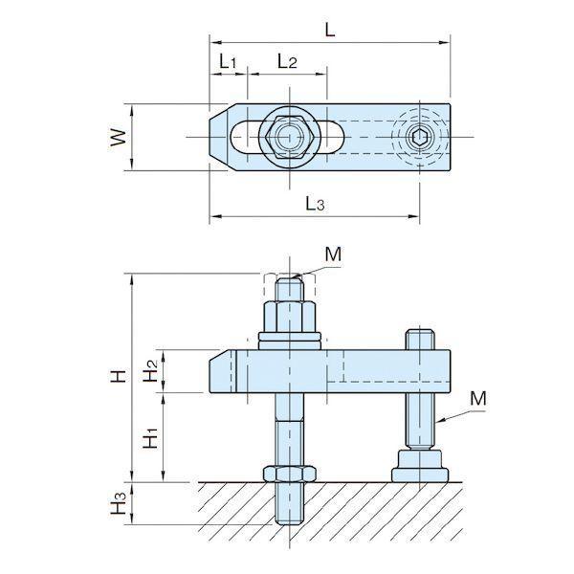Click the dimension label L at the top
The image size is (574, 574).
(330, 30)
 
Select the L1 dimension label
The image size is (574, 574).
(228, 61)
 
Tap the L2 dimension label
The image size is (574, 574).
(287, 61)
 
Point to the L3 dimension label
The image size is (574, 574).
(315, 203)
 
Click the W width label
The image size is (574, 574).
(119, 137)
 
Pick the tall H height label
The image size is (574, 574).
(119, 376)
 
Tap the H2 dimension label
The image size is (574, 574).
(150, 370)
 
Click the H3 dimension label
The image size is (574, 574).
(119, 503)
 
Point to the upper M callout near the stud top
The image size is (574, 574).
(333, 254)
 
